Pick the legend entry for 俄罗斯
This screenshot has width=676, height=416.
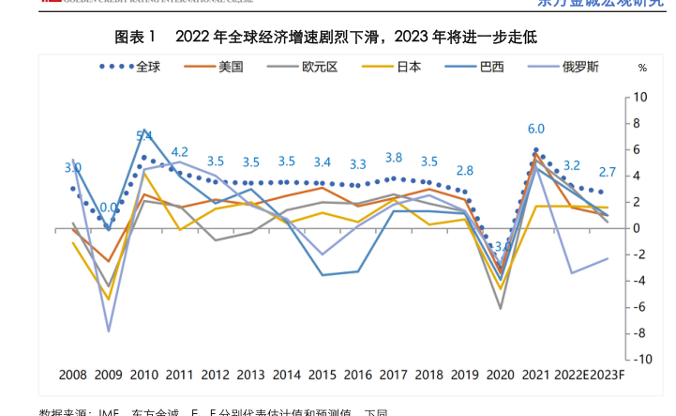(x=580, y=67)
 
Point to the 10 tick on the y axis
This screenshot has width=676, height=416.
(x=641, y=98)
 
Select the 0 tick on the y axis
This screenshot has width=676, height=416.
(x=638, y=228)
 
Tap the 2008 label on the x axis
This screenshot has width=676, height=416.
(x=73, y=375)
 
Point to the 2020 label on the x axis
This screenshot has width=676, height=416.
(x=501, y=375)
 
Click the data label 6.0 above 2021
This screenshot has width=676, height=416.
(x=536, y=129)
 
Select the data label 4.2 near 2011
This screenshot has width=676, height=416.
(x=179, y=151)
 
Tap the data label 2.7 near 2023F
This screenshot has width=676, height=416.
(x=607, y=172)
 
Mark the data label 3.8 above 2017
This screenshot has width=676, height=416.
(x=394, y=158)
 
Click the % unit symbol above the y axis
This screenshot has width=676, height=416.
(x=642, y=69)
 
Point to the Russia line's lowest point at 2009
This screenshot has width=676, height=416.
(x=109, y=331)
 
